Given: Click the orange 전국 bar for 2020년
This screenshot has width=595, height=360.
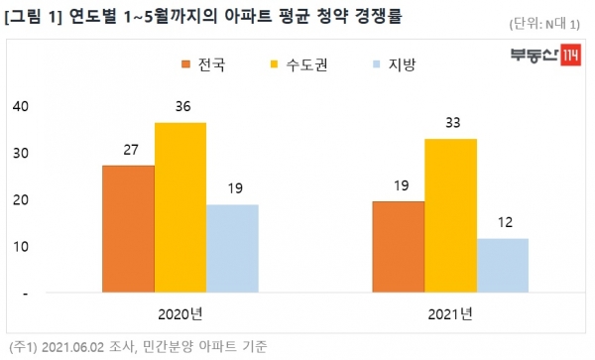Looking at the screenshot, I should pos(128,229).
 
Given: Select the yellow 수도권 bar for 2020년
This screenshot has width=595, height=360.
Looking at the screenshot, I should pos(180,208).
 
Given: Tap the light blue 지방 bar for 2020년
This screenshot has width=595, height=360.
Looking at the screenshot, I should pos(232,249).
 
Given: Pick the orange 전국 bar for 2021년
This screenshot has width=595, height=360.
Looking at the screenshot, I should pos(398,247).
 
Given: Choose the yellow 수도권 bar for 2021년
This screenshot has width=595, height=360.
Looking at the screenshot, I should pos(450,215).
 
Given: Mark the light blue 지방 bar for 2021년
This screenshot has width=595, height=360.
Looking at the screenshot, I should pos(502,266).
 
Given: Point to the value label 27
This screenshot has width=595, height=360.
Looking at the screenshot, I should pos(128,150).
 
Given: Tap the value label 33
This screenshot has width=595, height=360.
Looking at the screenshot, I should pos(450,123).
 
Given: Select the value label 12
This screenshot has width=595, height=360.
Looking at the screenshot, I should pos(502,222).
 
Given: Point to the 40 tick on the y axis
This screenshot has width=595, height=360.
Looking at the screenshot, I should pos(20,106).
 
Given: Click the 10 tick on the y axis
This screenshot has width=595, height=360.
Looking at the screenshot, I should pos(20,247).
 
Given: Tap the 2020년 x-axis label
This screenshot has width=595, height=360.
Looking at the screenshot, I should pos(179,314).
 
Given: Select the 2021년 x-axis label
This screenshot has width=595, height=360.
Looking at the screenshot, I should pos(449,314).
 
